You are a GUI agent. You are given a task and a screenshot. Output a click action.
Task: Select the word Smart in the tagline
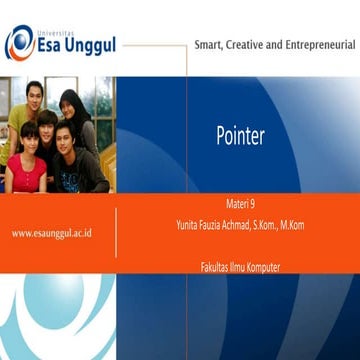click(208, 45)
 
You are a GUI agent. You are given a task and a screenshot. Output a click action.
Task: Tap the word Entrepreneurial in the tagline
click(316, 45)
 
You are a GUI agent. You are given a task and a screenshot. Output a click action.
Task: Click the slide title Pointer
click(240, 137)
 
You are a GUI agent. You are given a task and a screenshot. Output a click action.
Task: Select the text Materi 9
click(241, 203)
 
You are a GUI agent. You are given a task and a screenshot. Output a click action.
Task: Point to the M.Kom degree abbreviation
click(292, 225)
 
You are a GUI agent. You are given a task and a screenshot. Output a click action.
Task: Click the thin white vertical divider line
click(117, 232)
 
